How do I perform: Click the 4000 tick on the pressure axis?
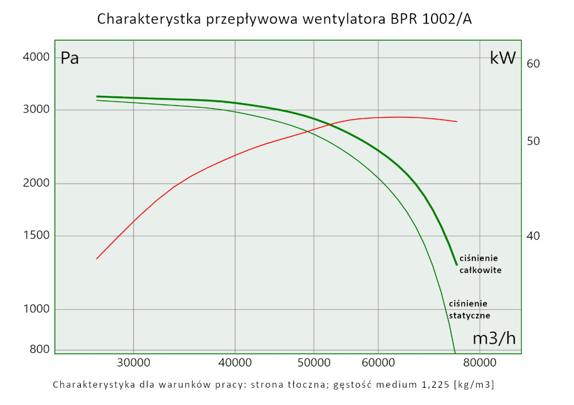point(36,57)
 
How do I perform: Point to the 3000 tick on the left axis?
point(36,110)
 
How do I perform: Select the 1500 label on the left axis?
point(36,236)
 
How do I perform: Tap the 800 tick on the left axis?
point(40,349)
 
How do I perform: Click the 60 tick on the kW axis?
point(533,63)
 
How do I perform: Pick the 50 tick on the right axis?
point(533,141)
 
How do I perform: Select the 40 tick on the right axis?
point(533,236)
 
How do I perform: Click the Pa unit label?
point(69,58)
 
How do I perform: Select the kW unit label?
point(503,57)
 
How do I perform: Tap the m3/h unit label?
point(494,338)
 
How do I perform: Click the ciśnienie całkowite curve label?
point(480,264)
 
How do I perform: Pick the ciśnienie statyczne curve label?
point(469,309)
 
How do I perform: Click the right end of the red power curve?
point(456,122)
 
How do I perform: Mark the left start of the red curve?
point(96,259)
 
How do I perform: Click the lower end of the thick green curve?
point(456,264)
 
